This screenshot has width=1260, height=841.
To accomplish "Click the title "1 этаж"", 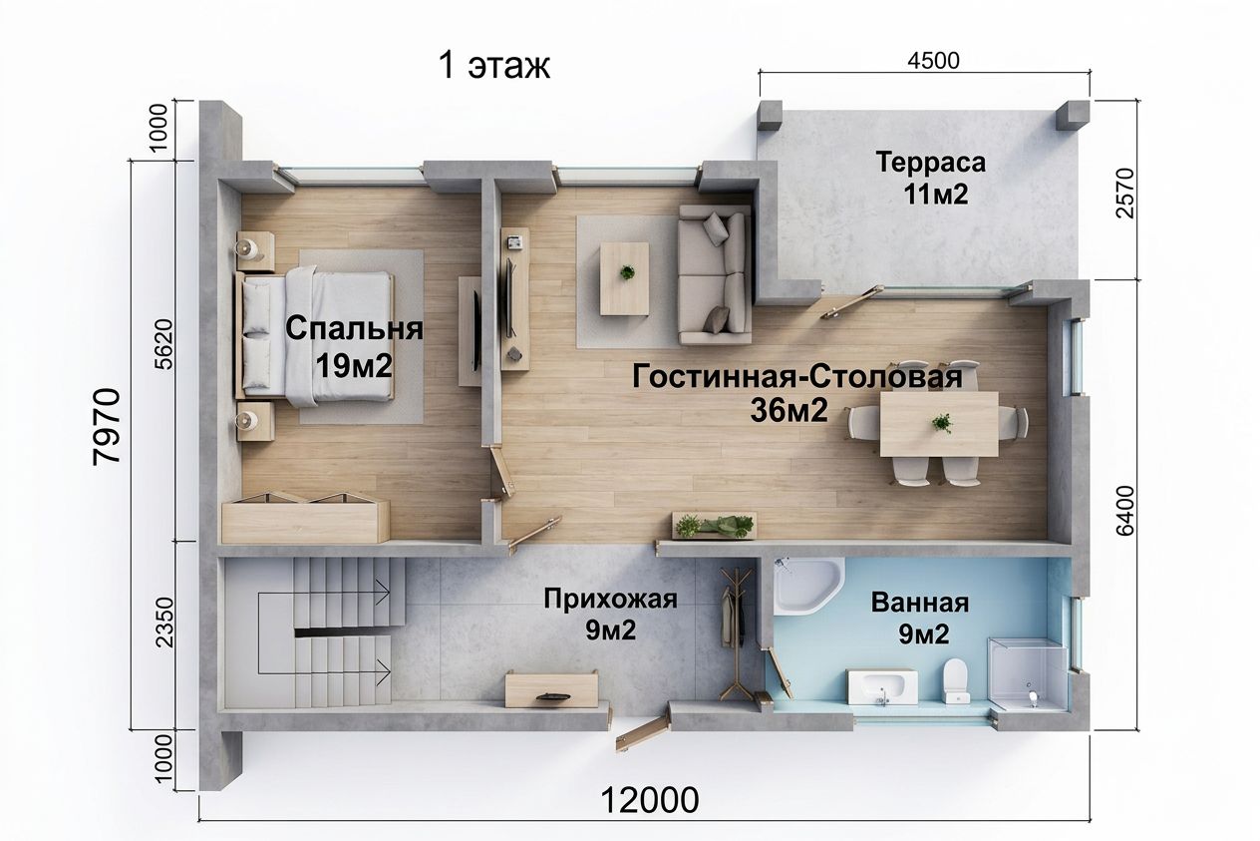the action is [493, 66].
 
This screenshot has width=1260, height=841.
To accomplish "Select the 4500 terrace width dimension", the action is [933, 61].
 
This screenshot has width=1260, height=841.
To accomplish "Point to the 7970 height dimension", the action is [107, 426].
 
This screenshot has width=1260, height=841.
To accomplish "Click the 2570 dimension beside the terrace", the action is [1125, 194].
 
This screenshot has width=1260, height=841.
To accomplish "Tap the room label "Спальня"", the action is [355, 329].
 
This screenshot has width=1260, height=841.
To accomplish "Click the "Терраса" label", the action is [931, 163].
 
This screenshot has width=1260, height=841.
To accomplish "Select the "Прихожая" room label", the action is [610, 600].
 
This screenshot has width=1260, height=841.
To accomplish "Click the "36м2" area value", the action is [788, 410].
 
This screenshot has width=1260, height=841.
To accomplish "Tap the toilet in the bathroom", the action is [956, 681].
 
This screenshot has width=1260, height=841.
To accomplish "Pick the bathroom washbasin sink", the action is [882, 687].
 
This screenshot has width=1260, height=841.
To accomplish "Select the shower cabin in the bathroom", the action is [1028, 674].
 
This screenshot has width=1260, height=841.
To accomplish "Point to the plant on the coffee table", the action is [627, 272].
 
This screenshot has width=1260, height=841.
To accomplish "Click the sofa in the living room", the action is [715, 274].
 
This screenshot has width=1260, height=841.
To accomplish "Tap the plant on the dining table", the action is [941, 422].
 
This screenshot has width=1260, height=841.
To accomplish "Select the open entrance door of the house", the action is [642, 737].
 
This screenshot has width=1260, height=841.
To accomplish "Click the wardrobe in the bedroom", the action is [305, 518].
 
